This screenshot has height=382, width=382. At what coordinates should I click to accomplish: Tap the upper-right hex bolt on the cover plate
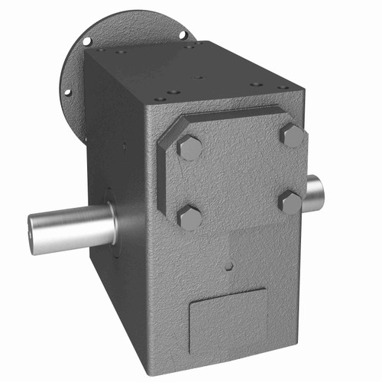292,135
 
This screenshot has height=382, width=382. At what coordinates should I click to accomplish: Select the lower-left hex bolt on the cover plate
189,217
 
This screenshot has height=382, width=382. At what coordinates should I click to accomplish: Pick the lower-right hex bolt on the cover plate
291,202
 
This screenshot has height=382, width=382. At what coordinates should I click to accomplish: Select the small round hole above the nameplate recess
228,267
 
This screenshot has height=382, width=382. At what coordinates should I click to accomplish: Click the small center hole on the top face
196,76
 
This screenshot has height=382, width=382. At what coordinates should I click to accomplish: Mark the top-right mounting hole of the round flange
183,34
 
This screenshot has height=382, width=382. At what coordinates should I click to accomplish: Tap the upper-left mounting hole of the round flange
87,40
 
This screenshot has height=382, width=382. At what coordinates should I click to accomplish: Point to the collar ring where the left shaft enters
112,222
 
